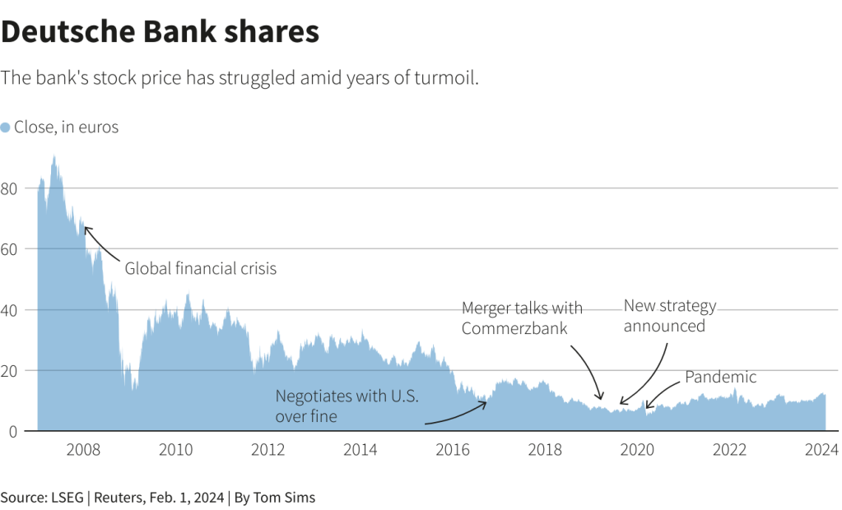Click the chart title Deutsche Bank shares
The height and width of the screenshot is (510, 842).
pyautogui.click(x=160, y=32)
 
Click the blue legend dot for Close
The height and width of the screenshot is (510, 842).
pyautogui.click(x=6, y=128)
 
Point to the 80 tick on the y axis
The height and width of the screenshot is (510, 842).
pyautogui.click(x=10, y=188)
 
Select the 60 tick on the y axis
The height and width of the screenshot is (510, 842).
pyautogui.click(x=10, y=249)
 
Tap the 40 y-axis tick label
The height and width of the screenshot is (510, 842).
pyautogui.click(x=10, y=310)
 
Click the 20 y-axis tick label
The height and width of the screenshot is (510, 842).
pyautogui.click(x=10, y=371)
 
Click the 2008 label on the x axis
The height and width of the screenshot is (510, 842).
pyautogui.click(x=83, y=450)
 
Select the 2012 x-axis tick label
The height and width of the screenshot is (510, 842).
pyautogui.click(x=267, y=450)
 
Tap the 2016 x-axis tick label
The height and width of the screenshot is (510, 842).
pyautogui.click(x=452, y=450)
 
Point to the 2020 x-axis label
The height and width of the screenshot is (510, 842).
pyautogui.click(x=636, y=450)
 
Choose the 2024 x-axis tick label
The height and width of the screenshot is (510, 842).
pyautogui.click(x=821, y=450)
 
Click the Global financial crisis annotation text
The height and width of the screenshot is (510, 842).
pyautogui.click(x=201, y=268)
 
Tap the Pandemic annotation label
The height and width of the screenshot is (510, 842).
pyautogui.click(x=720, y=378)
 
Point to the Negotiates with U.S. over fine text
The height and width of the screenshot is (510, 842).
pyautogui.click(x=347, y=406)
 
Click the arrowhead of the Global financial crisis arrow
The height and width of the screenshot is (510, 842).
pyautogui.click(x=86, y=229)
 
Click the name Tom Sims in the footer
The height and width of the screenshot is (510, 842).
pyautogui.click(x=285, y=498)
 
